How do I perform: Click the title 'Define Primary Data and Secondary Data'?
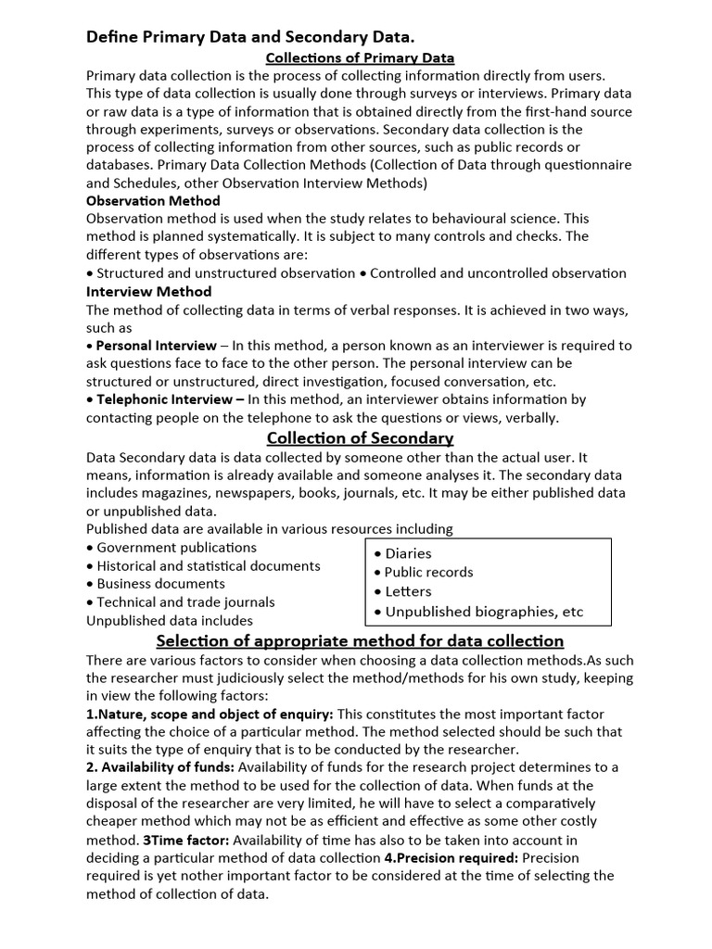tap(250, 37)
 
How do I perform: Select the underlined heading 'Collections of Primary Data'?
tap(360, 57)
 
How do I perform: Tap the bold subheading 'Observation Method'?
tap(153, 200)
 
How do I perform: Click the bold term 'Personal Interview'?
tap(157, 346)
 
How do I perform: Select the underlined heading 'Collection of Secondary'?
tap(360, 437)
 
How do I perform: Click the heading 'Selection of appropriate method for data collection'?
tap(360, 641)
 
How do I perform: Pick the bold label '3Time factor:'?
tap(186, 840)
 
